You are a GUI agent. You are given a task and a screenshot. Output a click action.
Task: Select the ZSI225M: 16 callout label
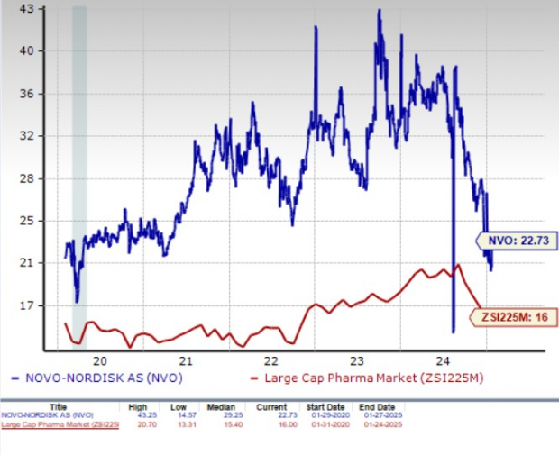coord(511,316)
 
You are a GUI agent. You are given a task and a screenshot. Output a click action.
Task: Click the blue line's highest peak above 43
coord(379,11)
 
